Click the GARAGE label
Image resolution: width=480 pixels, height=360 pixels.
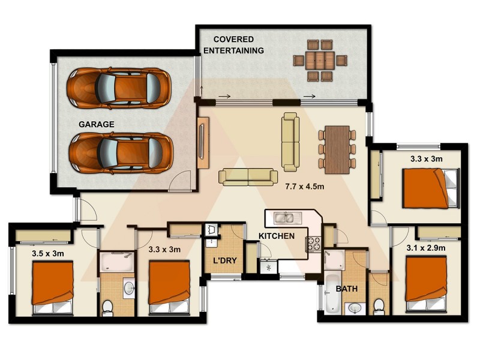pos(96,125)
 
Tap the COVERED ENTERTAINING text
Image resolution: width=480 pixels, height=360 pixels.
pos(233,45)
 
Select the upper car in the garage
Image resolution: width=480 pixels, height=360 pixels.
pos(119,88)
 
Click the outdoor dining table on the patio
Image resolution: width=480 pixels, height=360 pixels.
pos(320,60)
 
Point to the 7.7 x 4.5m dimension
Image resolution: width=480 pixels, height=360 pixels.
pos(304,187)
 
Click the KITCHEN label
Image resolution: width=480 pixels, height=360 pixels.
pos(276,236)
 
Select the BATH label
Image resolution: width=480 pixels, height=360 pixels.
pos(347,289)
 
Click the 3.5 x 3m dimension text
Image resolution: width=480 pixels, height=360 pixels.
pos(48,253)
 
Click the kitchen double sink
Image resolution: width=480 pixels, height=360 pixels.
pos(284,218)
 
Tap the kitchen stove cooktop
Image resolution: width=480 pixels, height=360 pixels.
pos(314,244)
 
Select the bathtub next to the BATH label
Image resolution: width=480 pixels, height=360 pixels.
pos(332,293)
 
